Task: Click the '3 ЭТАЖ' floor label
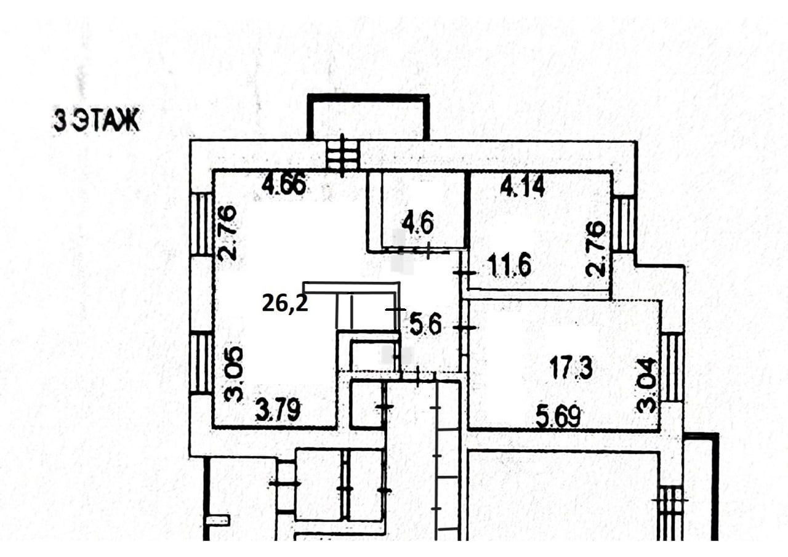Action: click(x=97, y=121)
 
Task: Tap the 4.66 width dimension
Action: click(x=284, y=185)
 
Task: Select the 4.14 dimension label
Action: click(x=523, y=186)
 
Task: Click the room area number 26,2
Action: click(x=285, y=303)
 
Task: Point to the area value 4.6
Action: click(x=417, y=223)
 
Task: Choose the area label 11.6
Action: click(x=509, y=266)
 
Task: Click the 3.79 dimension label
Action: click(x=278, y=411)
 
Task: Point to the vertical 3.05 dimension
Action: click(x=233, y=374)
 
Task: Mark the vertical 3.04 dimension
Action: click(x=646, y=385)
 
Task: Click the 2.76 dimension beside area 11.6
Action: click(x=595, y=248)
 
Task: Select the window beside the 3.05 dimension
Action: click(x=201, y=364)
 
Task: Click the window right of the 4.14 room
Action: click(x=624, y=225)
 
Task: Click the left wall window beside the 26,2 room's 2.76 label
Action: click(x=201, y=225)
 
